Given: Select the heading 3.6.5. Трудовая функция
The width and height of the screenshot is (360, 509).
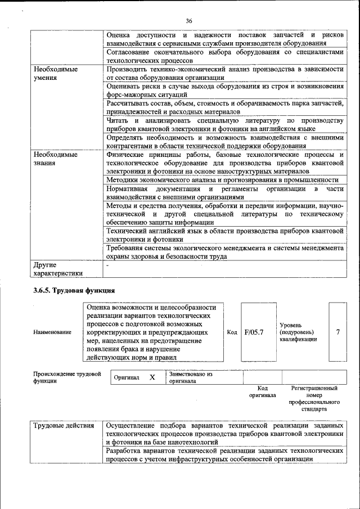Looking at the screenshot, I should click(x=74, y=290).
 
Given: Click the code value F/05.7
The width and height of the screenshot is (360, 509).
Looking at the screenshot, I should click(x=254, y=332).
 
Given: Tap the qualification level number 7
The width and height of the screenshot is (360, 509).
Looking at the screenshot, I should click(x=337, y=332).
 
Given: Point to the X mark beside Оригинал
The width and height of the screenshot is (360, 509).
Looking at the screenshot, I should click(x=152, y=377).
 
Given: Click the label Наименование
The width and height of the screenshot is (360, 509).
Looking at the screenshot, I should click(x=52, y=332).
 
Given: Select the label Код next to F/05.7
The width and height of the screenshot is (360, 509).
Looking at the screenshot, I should click(x=232, y=332).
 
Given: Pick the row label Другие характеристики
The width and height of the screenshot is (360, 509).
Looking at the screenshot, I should click(x=58, y=269).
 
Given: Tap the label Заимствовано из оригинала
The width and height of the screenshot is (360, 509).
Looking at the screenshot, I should click(x=190, y=377).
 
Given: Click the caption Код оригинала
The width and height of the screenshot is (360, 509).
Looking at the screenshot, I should click(x=262, y=391).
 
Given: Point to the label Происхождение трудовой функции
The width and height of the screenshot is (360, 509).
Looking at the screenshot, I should click(x=66, y=377).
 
